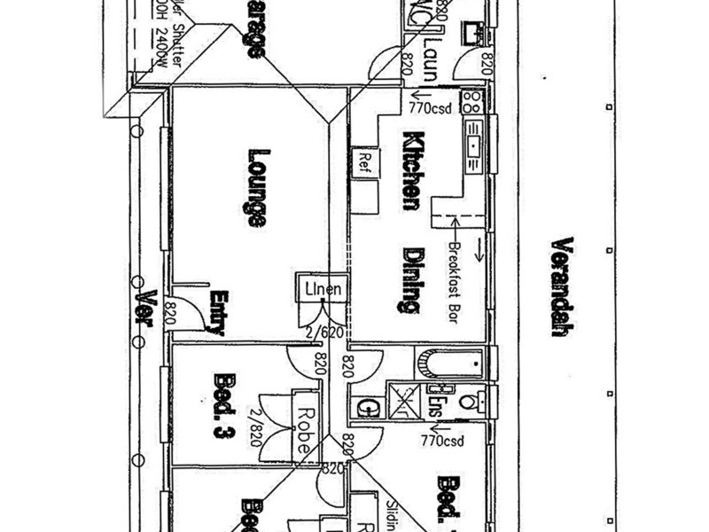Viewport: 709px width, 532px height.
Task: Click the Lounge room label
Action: (256, 187)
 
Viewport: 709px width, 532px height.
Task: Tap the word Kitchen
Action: (411, 170)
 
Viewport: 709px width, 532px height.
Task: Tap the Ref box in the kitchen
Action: (363, 160)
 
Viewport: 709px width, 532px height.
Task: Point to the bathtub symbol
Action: (449, 363)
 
